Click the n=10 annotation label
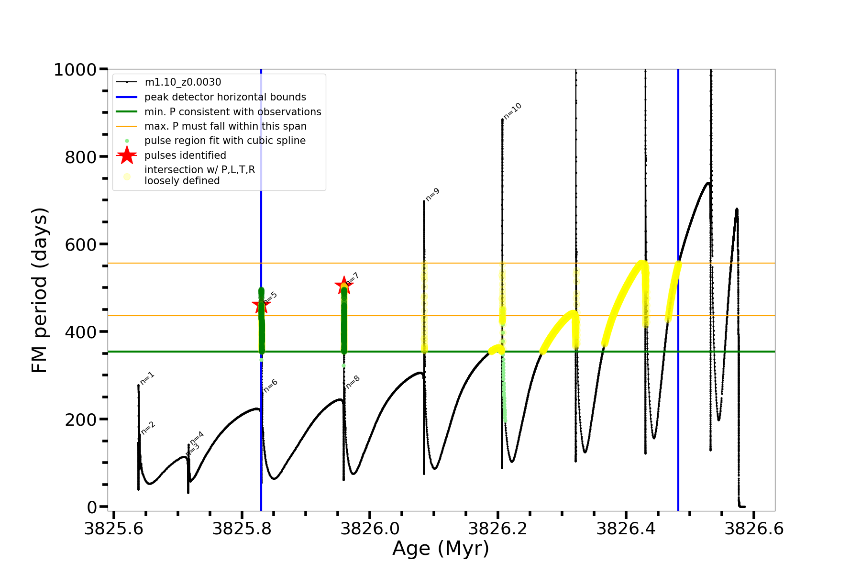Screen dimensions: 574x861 [x=513, y=111]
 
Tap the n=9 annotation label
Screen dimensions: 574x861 [x=432, y=195]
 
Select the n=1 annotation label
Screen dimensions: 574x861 [x=147, y=378]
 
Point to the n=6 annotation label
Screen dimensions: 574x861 [x=271, y=386]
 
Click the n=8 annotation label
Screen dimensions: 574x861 [x=353, y=382]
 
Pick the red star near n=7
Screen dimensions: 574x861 [x=343, y=286]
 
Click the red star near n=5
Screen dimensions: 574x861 [x=261, y=305]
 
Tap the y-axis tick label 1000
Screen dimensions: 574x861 [x=75, y=70]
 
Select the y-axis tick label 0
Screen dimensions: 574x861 [x=91, y=507]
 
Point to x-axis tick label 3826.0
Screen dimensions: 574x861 [x=370, y=529]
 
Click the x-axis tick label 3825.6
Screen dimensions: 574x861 [x=114, y=529]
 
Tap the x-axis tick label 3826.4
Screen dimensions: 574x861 [x=626, y=529]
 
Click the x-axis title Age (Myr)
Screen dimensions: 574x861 [x=441, y=549]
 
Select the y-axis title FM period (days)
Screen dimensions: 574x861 [x=40, y=290]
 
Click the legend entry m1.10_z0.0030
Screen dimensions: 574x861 [x=183, y=83]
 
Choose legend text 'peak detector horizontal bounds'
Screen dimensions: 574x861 [x=225, y=97]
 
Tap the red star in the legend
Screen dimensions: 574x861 [x=127, y=155]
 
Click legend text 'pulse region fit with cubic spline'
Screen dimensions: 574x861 [x=225, y=141]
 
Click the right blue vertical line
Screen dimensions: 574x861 [x=678, y=383]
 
